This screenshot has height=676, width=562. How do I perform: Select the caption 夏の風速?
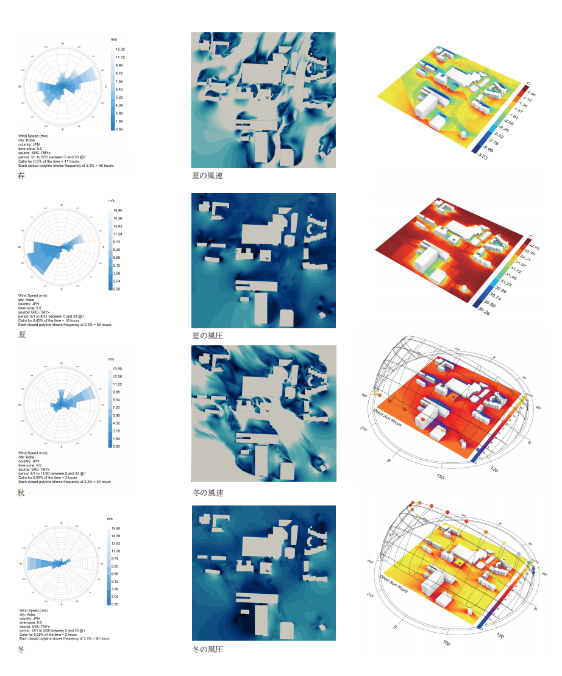point(207,175)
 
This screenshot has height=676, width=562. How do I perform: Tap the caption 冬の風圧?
point(207,649)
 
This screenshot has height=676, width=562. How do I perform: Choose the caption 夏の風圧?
point(207,336)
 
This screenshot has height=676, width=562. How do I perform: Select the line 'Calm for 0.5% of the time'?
point(55,161)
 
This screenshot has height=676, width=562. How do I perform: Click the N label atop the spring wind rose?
point(63,44)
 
